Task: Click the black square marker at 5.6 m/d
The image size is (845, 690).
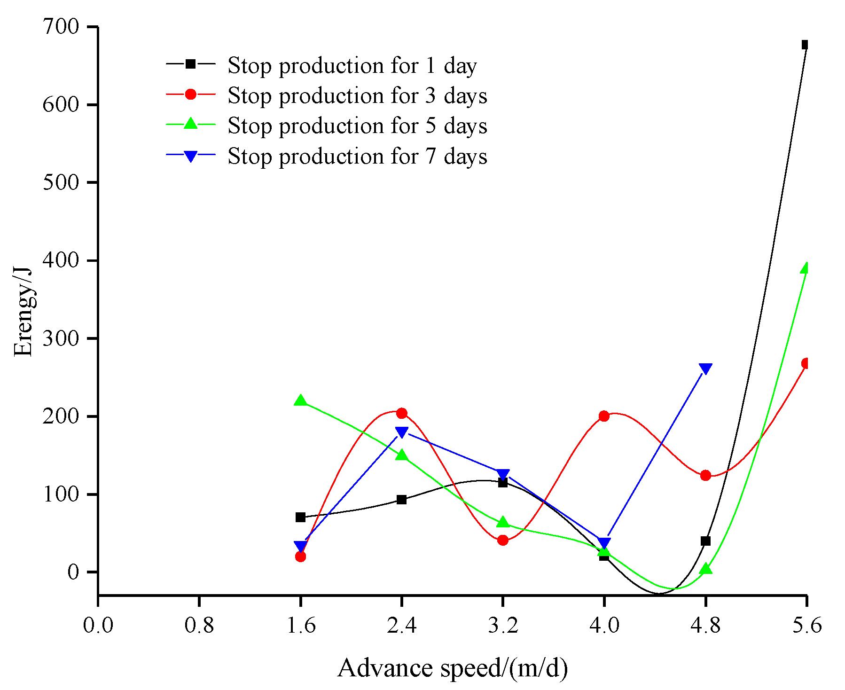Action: click(805, 45)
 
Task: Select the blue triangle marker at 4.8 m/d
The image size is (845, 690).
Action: click(705, 369)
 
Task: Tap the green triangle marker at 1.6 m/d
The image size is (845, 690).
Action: click(300, 400)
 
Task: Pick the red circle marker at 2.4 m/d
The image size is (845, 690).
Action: click(401, 413)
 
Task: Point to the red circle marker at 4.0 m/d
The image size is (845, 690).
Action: click(604, 416)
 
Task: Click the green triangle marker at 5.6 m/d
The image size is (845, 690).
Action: click(806, 268)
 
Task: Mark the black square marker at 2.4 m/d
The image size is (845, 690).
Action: click(401, 499)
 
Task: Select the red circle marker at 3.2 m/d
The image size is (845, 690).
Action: click(503, 540)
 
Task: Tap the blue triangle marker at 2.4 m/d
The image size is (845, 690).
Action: click(401, 432)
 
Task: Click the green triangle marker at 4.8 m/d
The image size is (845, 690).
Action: click(705, 569)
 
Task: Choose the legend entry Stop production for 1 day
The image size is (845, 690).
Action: click(352, 65)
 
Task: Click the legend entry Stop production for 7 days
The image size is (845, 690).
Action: click(357, 156)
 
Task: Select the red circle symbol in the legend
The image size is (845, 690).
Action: click(190, 94)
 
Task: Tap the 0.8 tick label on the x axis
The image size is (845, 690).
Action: click(199, 626)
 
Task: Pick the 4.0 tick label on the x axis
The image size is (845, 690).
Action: click(604, 626)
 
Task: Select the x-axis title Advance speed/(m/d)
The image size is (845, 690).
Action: click(452, 668)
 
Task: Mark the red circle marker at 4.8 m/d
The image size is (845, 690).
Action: click(705, 475)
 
